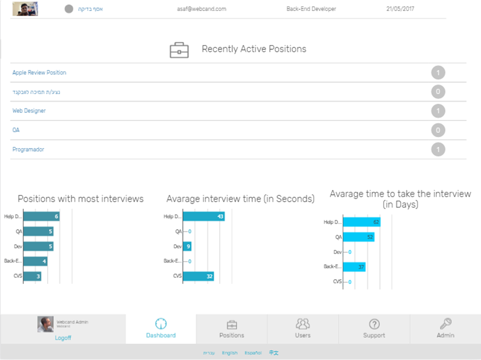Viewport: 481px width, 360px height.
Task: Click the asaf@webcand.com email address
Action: [202, 9]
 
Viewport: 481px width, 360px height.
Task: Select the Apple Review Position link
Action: [39, 72]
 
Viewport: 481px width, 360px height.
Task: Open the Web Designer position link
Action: [29, 111]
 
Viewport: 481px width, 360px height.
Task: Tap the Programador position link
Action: [28, 149]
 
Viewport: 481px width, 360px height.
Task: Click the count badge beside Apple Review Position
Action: [438, 73]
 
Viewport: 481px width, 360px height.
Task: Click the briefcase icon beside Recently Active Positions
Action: [179, 50]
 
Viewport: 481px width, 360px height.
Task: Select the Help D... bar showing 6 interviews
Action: [41, 216]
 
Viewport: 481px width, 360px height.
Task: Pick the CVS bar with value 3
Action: [32, 276]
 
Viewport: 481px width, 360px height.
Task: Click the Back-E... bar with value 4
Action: [35, 261]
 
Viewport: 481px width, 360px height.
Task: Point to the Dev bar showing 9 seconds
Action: [187, 246]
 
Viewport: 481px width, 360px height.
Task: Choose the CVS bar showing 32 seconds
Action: [198, 276]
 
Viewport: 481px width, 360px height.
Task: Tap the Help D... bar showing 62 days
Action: [362, 222]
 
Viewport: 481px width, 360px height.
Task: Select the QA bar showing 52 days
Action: [358, 237]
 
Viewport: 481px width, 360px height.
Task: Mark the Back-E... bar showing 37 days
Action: [354, 267]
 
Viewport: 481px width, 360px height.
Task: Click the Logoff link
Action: [63, 338]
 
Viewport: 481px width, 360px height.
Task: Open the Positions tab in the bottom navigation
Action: [231, 329]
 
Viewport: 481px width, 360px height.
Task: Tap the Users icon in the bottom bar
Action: [303, 324]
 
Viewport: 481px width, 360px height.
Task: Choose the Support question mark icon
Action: [374, 324]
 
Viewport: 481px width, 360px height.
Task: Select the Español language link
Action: [253, 353]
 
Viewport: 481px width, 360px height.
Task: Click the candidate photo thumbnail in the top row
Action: [25, 9]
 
